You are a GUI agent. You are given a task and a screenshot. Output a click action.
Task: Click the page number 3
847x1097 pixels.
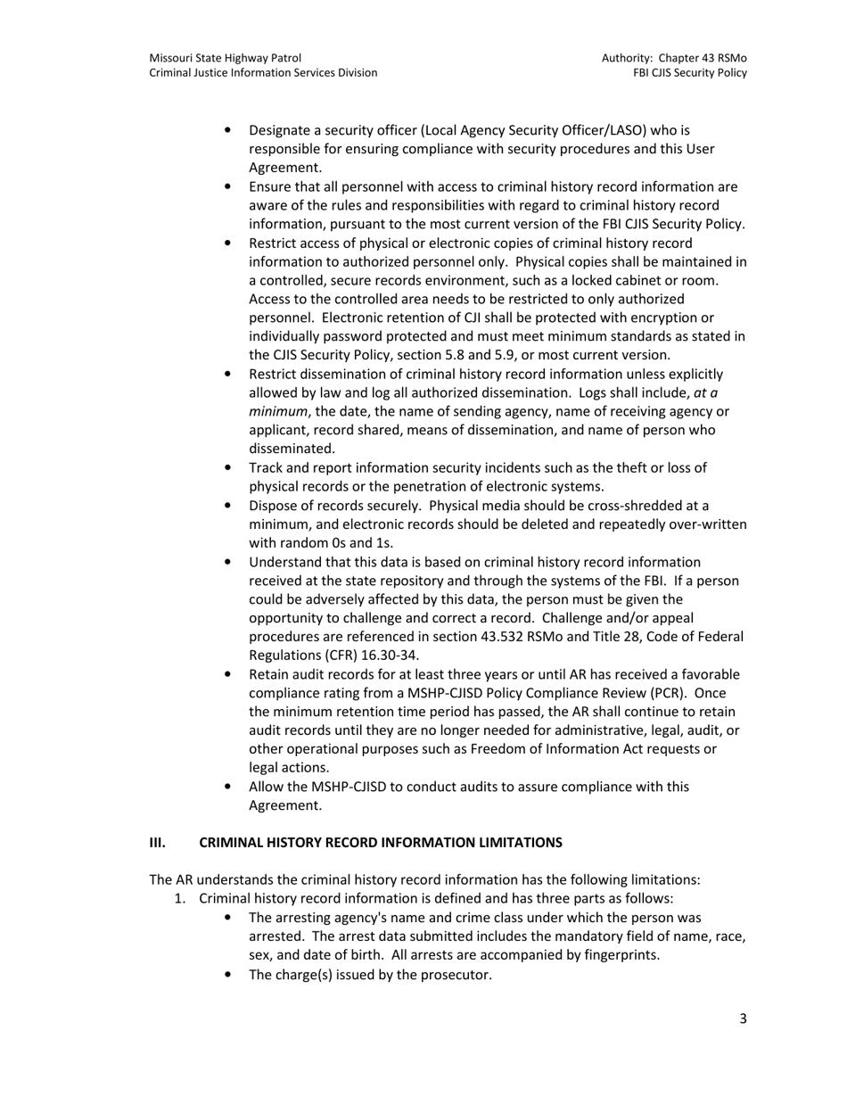click(743, 1019)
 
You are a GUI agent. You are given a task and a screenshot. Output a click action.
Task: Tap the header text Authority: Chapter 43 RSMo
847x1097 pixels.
click(674, 58)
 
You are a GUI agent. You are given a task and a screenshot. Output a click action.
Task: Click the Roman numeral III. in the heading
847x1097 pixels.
click(158, 842)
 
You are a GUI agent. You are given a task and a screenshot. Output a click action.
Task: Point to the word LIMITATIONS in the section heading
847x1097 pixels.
click(521, 842)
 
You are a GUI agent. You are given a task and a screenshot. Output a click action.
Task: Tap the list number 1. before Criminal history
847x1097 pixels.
click(180, 898)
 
